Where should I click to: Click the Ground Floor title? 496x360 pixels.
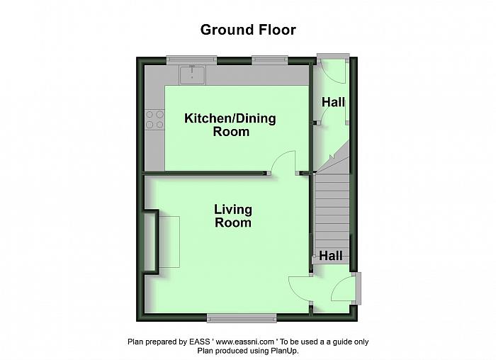pyautogui.click(x=248, y=30)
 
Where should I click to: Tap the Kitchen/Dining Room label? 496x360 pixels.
pyautogui.click(x=230, y=125)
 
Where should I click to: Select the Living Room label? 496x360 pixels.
pyautogui.click(x=233, y=215)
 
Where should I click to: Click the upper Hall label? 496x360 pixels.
pyautogui.click(x=333, y=102)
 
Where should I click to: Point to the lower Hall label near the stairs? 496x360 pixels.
pyautogui.click(x=331, y=256)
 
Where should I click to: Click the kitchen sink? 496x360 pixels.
pyautogui.click(x=192, y=75)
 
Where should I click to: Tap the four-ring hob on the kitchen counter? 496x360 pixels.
pyautogui.click(x=154, y=119)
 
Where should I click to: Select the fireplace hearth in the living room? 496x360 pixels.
pyautogui.click(x=169, y=242)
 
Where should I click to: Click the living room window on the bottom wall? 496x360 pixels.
pyautogui.click(x=242, y=318)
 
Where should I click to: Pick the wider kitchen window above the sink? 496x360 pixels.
pyautogui.click(x=192, y=60)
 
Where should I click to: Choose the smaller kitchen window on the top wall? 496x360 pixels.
pyautogui.click(x=270, y=60)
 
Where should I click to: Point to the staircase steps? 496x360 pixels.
pyautogui.click(x=332, y=215)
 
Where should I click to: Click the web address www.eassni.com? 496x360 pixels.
pyautogui.click(x=245, y=342)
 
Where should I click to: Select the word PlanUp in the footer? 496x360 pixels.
pyautogui.click(x=286, y=351)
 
